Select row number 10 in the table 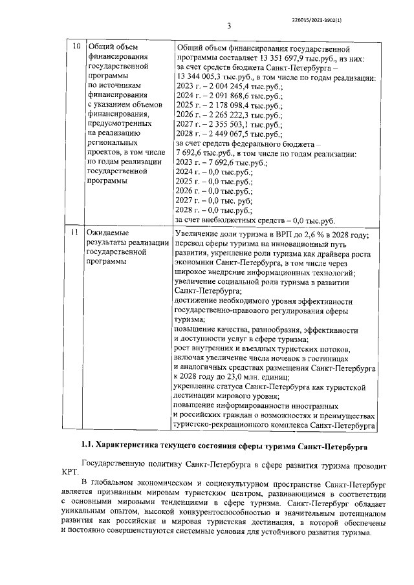pos(76,47)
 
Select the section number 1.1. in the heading pos(85,446)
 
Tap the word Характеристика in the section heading pos(133,446)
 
